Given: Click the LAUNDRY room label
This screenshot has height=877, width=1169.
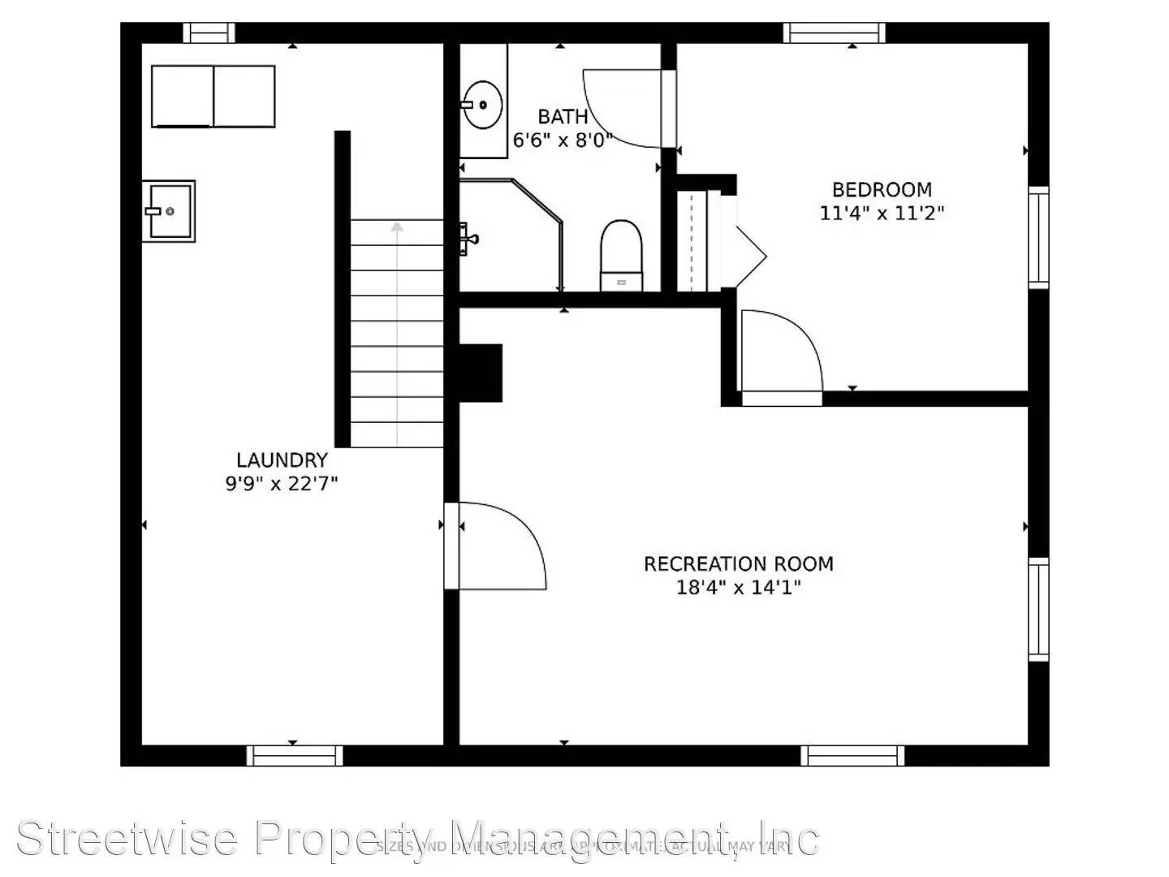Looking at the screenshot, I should (282, 460).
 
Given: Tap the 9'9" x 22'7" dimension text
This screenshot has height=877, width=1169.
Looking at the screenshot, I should (282, 484).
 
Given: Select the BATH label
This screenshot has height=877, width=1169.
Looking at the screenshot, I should (563, 117).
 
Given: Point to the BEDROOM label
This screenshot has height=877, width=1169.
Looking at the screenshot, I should (882, 190).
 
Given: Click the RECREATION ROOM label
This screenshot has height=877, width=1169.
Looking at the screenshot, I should (738, 564).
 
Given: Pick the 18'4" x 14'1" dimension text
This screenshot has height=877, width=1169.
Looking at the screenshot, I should (738, 587).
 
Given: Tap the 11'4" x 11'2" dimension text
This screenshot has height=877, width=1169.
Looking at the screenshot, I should (882, 214).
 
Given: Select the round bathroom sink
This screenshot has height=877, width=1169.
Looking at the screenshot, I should (482, 105).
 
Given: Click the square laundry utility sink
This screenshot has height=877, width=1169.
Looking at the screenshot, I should (168, 211).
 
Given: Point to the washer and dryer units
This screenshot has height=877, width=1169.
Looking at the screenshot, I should (213, 97).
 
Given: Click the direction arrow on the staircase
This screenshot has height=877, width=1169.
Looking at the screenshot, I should (397, 227).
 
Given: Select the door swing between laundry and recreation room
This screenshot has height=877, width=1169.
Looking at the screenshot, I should (499, 544).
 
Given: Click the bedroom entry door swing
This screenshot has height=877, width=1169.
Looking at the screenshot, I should (779, 353).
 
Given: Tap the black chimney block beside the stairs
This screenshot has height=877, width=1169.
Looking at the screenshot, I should (481, 373).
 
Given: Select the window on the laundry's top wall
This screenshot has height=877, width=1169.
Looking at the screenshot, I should (209, 32).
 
